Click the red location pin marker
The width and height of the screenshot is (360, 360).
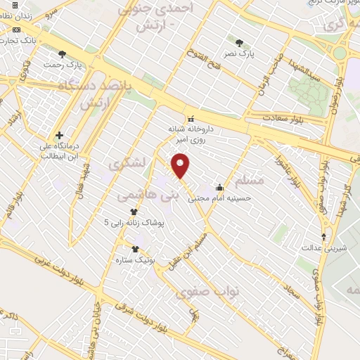[181, 165]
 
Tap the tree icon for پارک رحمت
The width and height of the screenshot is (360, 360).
[62, 54]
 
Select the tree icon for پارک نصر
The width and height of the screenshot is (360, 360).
[240, 43]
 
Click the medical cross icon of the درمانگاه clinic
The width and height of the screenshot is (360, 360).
[59, 135]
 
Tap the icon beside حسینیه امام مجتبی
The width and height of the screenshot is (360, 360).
[220, 187]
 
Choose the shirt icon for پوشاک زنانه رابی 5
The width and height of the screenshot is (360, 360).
[134, 211]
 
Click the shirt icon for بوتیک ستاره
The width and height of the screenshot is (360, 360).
[135, 249]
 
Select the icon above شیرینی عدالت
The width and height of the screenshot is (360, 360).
[323, 237]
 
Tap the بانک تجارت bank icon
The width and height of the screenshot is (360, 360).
[16, 30]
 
